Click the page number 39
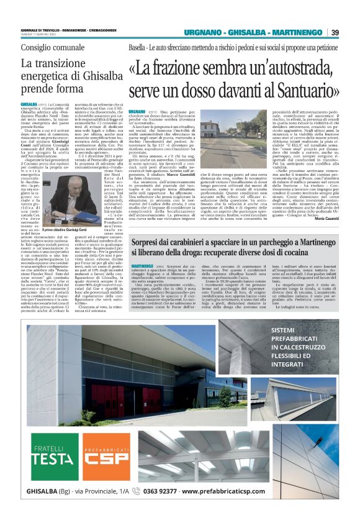tap(335, 33)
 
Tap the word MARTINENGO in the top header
tap(290, 33)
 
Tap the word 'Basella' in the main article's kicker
tap(138, 47)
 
